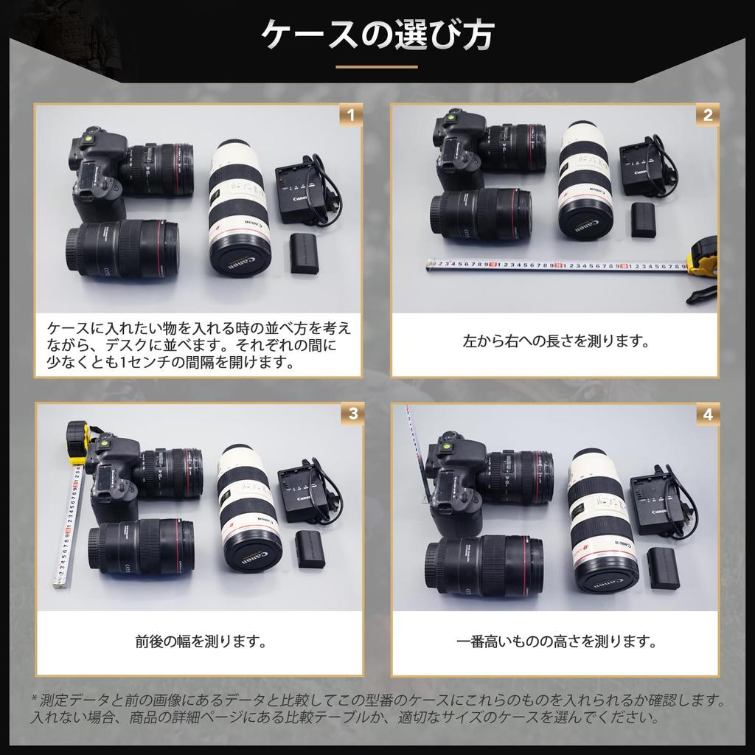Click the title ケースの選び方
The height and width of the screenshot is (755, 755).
pos(377,34)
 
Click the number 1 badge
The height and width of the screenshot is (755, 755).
pos(351,115)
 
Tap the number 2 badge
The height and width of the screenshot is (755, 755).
pos(707,115)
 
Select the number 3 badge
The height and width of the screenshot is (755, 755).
pos(352,414)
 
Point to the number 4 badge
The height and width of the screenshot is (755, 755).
pos(707,414)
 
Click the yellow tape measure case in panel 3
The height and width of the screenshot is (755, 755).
pos(77,442)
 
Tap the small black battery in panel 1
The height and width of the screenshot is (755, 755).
pos(305,253)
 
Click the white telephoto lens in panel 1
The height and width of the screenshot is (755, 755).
pos(238,206)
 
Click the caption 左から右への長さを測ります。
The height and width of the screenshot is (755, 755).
pos(554,342)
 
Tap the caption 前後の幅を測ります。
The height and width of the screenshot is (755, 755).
pos(200,641)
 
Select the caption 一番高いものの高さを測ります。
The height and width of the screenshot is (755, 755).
pos(555,641)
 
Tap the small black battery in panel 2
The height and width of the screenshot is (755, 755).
pos(643,220)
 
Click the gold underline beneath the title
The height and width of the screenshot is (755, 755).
pos(377,67)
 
